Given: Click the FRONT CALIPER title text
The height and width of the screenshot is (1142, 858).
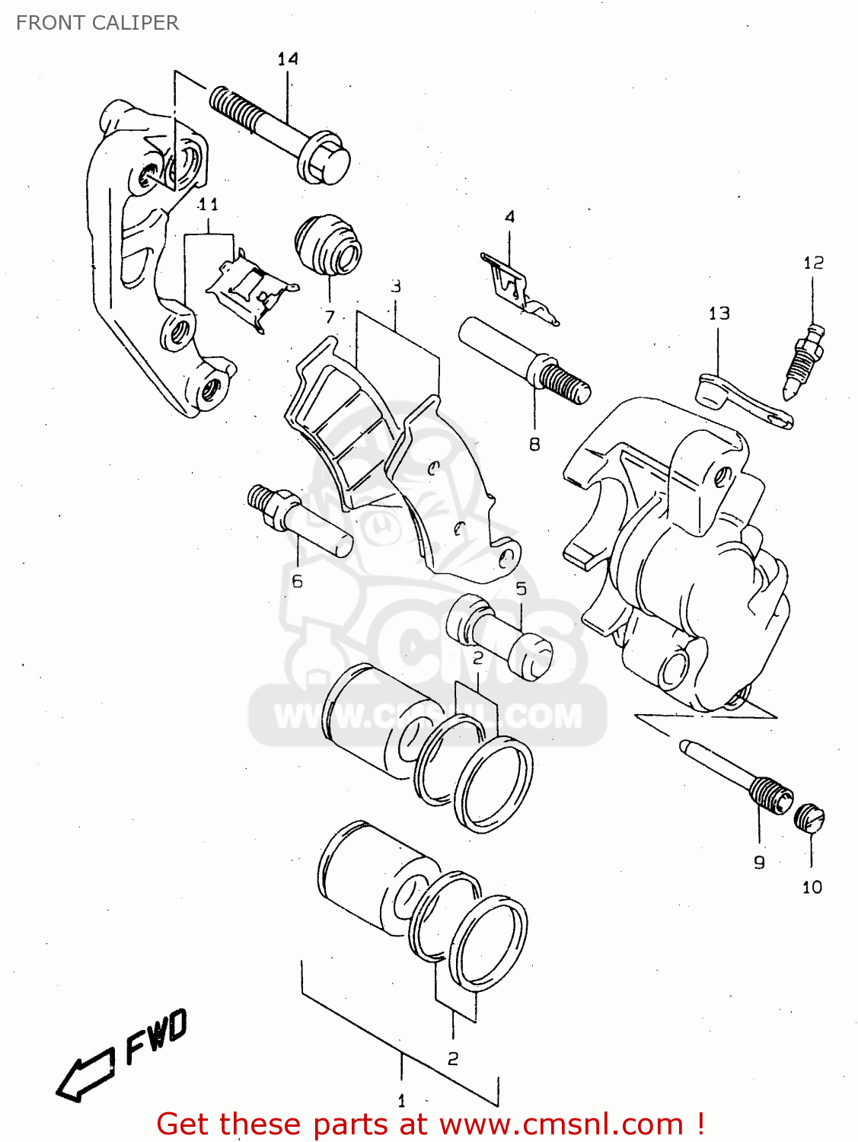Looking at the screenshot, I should (x=97, y=23).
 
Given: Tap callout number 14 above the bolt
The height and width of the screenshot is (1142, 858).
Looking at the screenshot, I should (x=288, y=59).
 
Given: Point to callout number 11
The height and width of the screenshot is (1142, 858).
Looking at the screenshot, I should (x=208, y=204).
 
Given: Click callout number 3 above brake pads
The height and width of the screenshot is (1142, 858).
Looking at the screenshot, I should (x=396, y=286).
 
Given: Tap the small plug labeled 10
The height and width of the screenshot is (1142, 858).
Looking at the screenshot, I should (x=810, y=818).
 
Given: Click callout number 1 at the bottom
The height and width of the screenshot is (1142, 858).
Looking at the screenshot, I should (x=401, y=1101).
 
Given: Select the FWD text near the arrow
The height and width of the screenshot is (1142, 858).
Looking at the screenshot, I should (x=156, y=1037).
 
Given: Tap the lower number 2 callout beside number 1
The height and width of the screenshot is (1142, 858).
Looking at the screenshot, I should (x=453, y=1058).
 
